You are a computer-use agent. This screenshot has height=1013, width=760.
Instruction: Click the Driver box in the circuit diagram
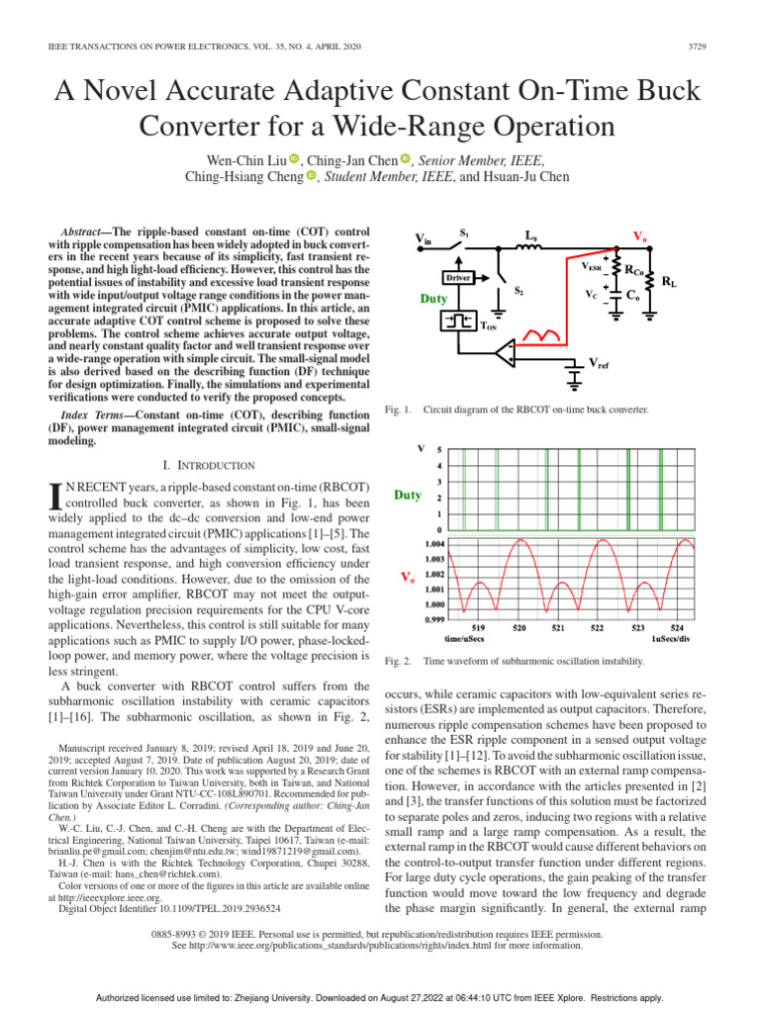click(x=457, y=278)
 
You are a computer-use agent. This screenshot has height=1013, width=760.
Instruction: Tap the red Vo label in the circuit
click(x=639, y=238)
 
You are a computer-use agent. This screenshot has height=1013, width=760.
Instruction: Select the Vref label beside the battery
click(x=600, y=365)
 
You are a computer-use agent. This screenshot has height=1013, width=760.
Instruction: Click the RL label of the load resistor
click(x=670, y=283)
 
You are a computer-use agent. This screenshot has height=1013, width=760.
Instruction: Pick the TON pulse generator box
click(x=457, y=322)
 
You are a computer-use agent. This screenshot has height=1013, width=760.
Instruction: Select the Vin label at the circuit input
click(x=423, y=238)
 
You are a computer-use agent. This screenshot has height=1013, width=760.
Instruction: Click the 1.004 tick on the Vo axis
click(x=434, y=543)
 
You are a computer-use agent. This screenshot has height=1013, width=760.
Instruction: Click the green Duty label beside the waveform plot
click(x=407, y=495)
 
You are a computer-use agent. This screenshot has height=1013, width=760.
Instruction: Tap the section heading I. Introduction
click(x=208, y=464)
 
